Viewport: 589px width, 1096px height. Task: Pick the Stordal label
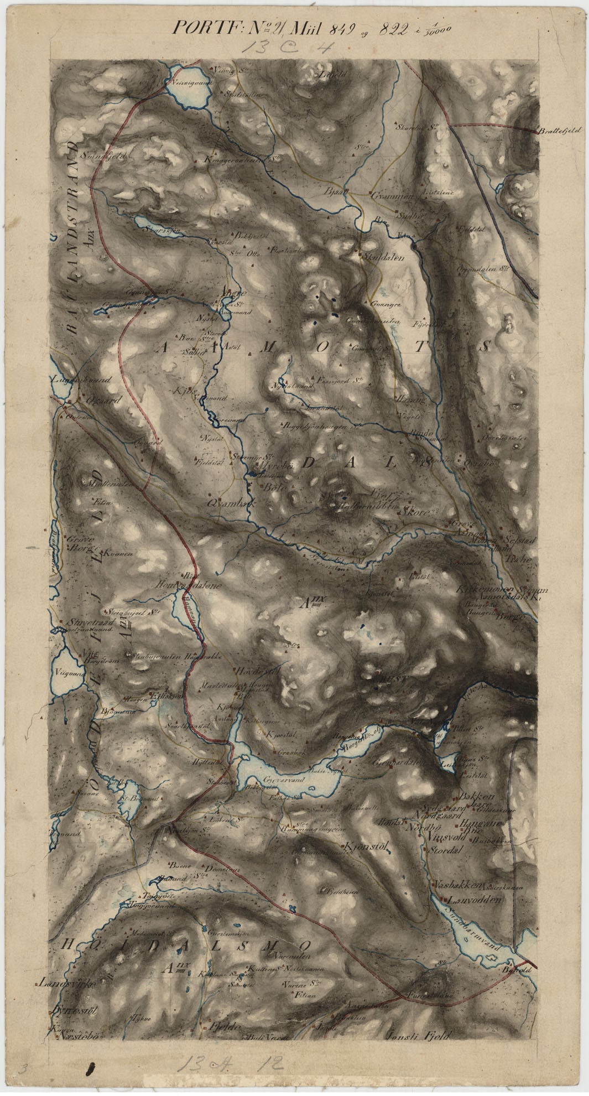445,851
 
